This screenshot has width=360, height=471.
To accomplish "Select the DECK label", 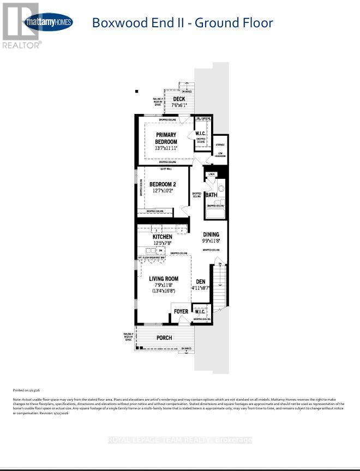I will [179, 99].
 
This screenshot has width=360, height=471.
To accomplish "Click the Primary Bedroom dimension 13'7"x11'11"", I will [166, 148].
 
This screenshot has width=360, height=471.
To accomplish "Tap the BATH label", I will [211, 195].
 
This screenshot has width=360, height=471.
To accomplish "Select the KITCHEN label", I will [162, 237].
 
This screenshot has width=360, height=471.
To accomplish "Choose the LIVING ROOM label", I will [164, 279].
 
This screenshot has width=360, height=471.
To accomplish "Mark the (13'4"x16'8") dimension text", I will [164, 291].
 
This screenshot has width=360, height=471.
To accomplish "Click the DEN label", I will [200, 282].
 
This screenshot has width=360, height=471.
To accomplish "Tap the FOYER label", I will [181, 312].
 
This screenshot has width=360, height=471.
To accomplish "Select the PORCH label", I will [164, 338].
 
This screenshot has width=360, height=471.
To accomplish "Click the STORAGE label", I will [220, 145].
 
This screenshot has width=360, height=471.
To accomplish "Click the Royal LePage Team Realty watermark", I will [180, 440].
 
